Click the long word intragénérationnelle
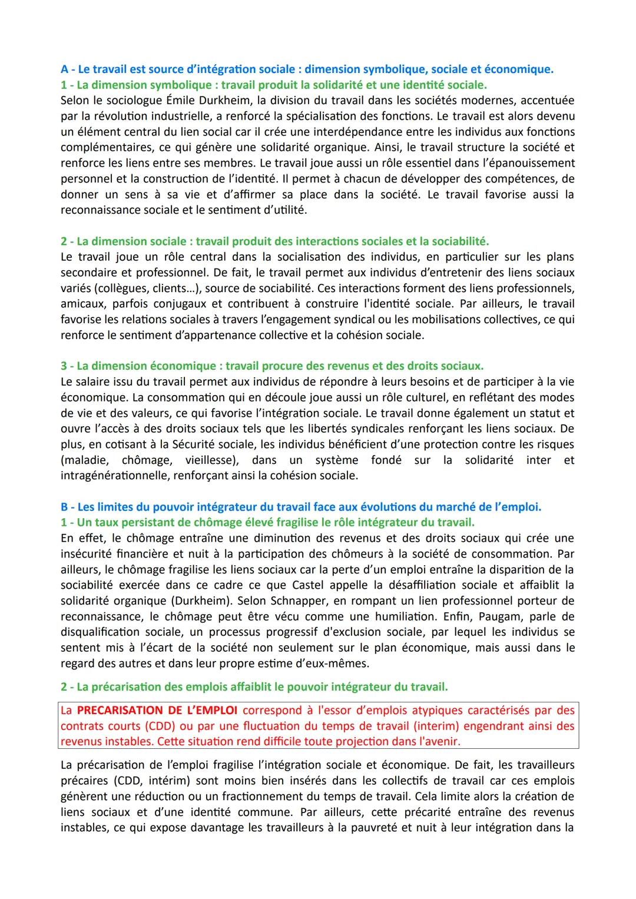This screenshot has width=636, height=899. click(x=115, y=476)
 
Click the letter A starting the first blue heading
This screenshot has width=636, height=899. click(x=65, y=69)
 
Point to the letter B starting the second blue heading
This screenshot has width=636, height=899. click(x=65, y=507)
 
